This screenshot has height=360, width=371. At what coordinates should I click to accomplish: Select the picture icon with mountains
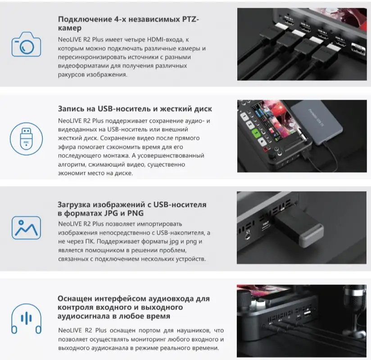point(26,228)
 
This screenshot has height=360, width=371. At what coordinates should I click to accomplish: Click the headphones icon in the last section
point(26,319)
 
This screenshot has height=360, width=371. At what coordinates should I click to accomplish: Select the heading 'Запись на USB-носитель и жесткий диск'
point(135,109)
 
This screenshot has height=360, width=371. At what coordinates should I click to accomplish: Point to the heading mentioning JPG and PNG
point(132,209)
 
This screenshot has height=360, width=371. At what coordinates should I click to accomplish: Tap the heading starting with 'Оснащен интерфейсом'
point(134,307)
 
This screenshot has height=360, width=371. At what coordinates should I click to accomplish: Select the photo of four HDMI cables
point(302,44)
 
